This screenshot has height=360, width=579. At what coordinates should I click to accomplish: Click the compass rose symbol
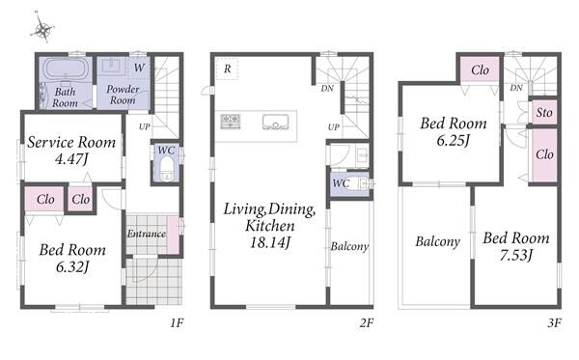tap(42, 28)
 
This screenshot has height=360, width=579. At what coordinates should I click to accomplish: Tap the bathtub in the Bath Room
tap(66, 69)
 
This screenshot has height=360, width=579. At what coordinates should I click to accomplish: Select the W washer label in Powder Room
tap(139, 68)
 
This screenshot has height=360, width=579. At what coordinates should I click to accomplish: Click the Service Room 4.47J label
tap(71, 151)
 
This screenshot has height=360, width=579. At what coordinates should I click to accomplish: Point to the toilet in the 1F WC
tap(167, 169)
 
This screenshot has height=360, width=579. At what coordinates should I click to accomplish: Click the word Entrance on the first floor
tap(147, 234)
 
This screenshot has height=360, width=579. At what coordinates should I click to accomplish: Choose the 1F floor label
tap(177, 323)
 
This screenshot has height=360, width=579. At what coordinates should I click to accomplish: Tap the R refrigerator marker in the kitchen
tap(228, 69)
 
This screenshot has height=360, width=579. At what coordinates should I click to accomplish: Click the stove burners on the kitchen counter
tap(231, 121)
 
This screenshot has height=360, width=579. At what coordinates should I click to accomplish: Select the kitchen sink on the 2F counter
tap(275, 122)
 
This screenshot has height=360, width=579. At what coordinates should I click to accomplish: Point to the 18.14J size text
tap(270, 242)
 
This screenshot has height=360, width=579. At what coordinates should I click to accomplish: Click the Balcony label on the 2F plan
tap(349, 246)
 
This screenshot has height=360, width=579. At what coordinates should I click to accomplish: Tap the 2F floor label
tap(367, 323)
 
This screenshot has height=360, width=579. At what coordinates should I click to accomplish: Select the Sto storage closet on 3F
tap(544, 113)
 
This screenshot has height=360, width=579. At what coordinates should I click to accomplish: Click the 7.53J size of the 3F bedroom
tap(516, 255)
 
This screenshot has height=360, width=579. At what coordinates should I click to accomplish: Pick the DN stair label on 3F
tap(516, 88)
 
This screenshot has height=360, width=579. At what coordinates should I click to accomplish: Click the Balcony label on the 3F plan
tap(437, 242)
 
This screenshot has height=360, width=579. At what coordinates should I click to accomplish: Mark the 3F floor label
tap(554, 323)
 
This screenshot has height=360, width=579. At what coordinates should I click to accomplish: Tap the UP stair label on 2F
tap(334, 127)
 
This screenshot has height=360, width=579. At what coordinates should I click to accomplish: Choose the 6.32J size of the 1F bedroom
tap(72, 266)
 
